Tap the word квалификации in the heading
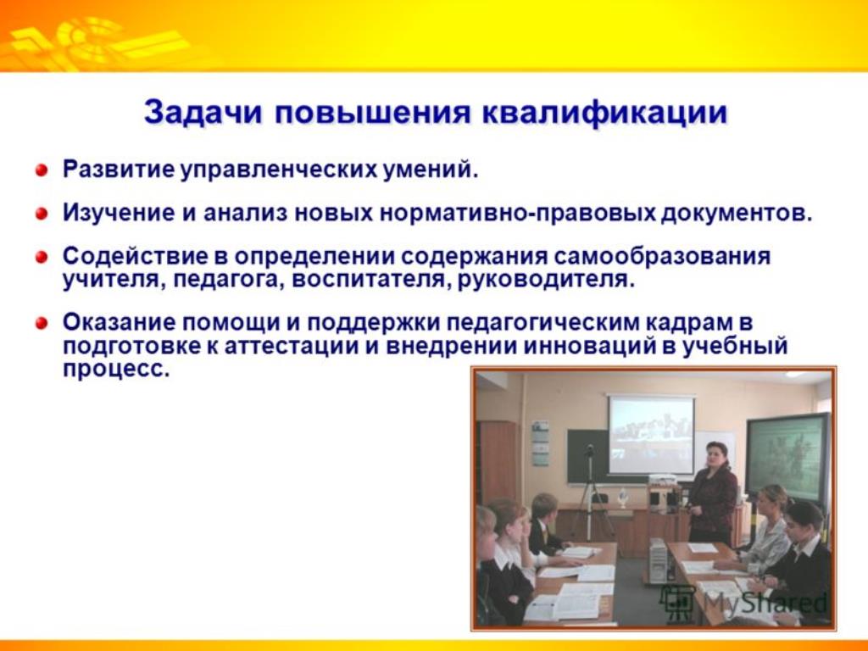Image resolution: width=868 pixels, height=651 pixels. [604, 114]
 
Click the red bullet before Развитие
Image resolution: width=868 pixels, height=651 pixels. [42, 170]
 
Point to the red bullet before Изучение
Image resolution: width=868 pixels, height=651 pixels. [42, 214]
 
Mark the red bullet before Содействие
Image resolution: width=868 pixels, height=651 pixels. [42, 258]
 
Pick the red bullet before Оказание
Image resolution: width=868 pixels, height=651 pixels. [42, 323]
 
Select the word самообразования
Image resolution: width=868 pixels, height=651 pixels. [662, 257]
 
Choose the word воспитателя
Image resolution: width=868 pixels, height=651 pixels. [364, 280]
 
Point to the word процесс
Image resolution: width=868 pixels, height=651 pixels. [115, 370]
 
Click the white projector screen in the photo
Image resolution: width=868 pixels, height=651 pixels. [651, 435]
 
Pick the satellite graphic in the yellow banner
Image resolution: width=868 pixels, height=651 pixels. [95, 43]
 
